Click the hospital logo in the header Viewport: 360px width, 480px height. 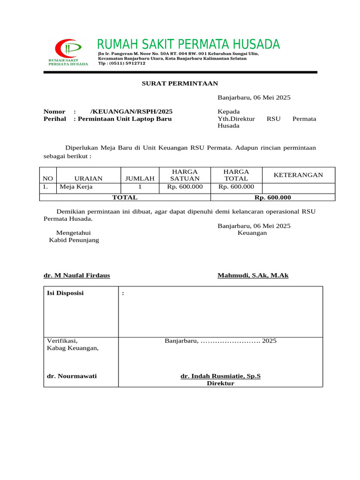68,52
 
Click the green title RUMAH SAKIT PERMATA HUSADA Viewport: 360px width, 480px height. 188,45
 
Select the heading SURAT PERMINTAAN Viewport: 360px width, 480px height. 180,83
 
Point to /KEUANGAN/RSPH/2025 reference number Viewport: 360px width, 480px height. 131,112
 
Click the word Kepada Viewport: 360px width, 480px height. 229,112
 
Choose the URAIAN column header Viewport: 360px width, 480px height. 88,178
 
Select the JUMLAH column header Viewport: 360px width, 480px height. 140,178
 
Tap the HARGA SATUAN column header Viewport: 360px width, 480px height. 185,175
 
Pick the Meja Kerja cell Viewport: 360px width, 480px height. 76,187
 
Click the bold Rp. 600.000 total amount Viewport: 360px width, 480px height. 272,197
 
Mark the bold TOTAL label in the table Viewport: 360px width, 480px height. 124,197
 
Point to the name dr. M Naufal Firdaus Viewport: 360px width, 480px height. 76,275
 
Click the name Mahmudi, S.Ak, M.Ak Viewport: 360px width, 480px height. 253,275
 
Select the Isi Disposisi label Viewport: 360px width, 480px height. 65,293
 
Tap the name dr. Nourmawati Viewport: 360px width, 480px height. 72,376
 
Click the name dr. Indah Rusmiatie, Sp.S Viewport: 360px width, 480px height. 220,376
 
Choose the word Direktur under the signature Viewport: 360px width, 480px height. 220,383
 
